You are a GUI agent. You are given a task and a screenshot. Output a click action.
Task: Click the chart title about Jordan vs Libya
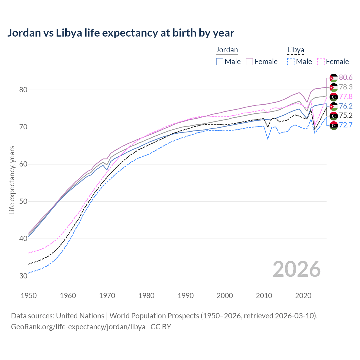pos(121,33)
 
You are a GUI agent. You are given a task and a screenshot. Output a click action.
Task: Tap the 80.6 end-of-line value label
pos(346,77)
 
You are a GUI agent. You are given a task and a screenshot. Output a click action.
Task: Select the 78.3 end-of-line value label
pos(346,87)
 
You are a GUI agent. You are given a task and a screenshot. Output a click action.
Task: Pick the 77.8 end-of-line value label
pos(346,96)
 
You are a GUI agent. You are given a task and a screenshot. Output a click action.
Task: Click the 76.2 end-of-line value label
pos(346,106)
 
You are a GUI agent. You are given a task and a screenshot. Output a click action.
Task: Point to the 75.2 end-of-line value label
pos(346,116)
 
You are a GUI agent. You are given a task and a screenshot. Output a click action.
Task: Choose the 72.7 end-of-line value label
pos(346,125)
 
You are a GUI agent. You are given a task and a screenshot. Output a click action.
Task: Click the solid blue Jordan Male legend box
pos(220,62)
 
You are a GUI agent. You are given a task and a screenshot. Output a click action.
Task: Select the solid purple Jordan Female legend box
pos(249,62)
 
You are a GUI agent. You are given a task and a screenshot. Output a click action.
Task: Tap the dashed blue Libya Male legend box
pos(291,62)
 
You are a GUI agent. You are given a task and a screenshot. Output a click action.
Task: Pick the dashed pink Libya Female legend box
pos(321,62)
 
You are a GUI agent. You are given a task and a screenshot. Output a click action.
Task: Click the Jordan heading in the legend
pos(227,50)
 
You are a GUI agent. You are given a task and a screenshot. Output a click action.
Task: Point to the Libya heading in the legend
pos(296,50)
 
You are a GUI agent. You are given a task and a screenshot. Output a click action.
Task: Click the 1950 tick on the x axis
pos(29,296)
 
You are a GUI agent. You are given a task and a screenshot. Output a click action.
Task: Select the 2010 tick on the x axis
pos(264,296)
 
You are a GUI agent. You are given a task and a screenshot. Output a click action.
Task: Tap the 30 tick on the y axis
pos(23,276)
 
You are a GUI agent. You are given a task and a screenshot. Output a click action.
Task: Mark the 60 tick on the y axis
pos(23,164)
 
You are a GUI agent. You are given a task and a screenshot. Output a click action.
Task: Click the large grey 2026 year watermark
pos(296,269)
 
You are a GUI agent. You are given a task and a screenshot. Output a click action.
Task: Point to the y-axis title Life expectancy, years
pos(12,180)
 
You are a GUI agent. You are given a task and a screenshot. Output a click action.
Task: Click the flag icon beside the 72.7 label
pos(334,125)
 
